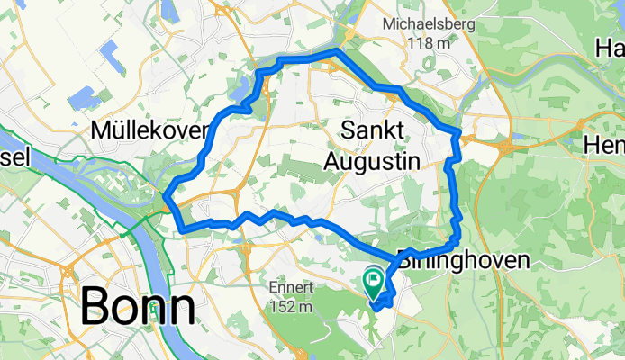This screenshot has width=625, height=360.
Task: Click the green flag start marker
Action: (x=374, y=282)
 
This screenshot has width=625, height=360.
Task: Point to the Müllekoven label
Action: (x=149, y=131)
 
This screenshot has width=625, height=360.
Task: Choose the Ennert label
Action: (x=289, y=288)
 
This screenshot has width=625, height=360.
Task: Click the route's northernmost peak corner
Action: (x=337, y=51)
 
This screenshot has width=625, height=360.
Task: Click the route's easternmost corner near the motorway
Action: (x=459, y=133)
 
